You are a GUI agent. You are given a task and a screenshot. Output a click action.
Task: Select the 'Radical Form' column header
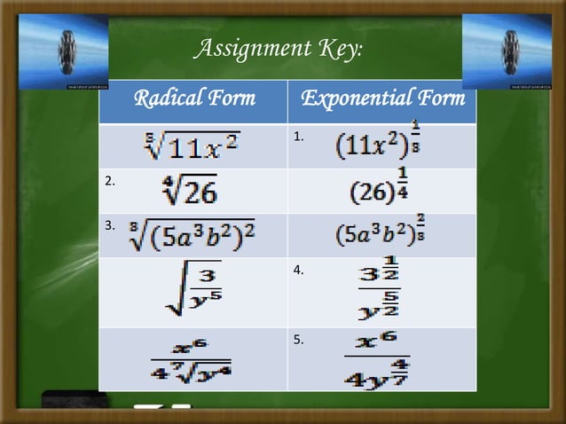pyautogui.click(x=193, y=98)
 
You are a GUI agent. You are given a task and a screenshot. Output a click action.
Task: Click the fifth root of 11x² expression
pyautogui.click(x=193, y=145)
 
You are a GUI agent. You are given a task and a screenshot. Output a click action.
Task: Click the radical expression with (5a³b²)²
pyautogui.click(x=193, y=235)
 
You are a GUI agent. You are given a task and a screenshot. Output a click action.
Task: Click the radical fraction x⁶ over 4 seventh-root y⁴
pyautogui.click(x=193, y=359)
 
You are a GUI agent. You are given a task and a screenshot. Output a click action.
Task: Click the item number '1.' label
pyautogui.click(x=299, y=137)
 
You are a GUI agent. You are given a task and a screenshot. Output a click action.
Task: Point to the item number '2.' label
pyautogui.click(x=110, y=182)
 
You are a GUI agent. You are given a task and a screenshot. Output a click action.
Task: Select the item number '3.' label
pyautogui.click(x=110, y=226)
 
